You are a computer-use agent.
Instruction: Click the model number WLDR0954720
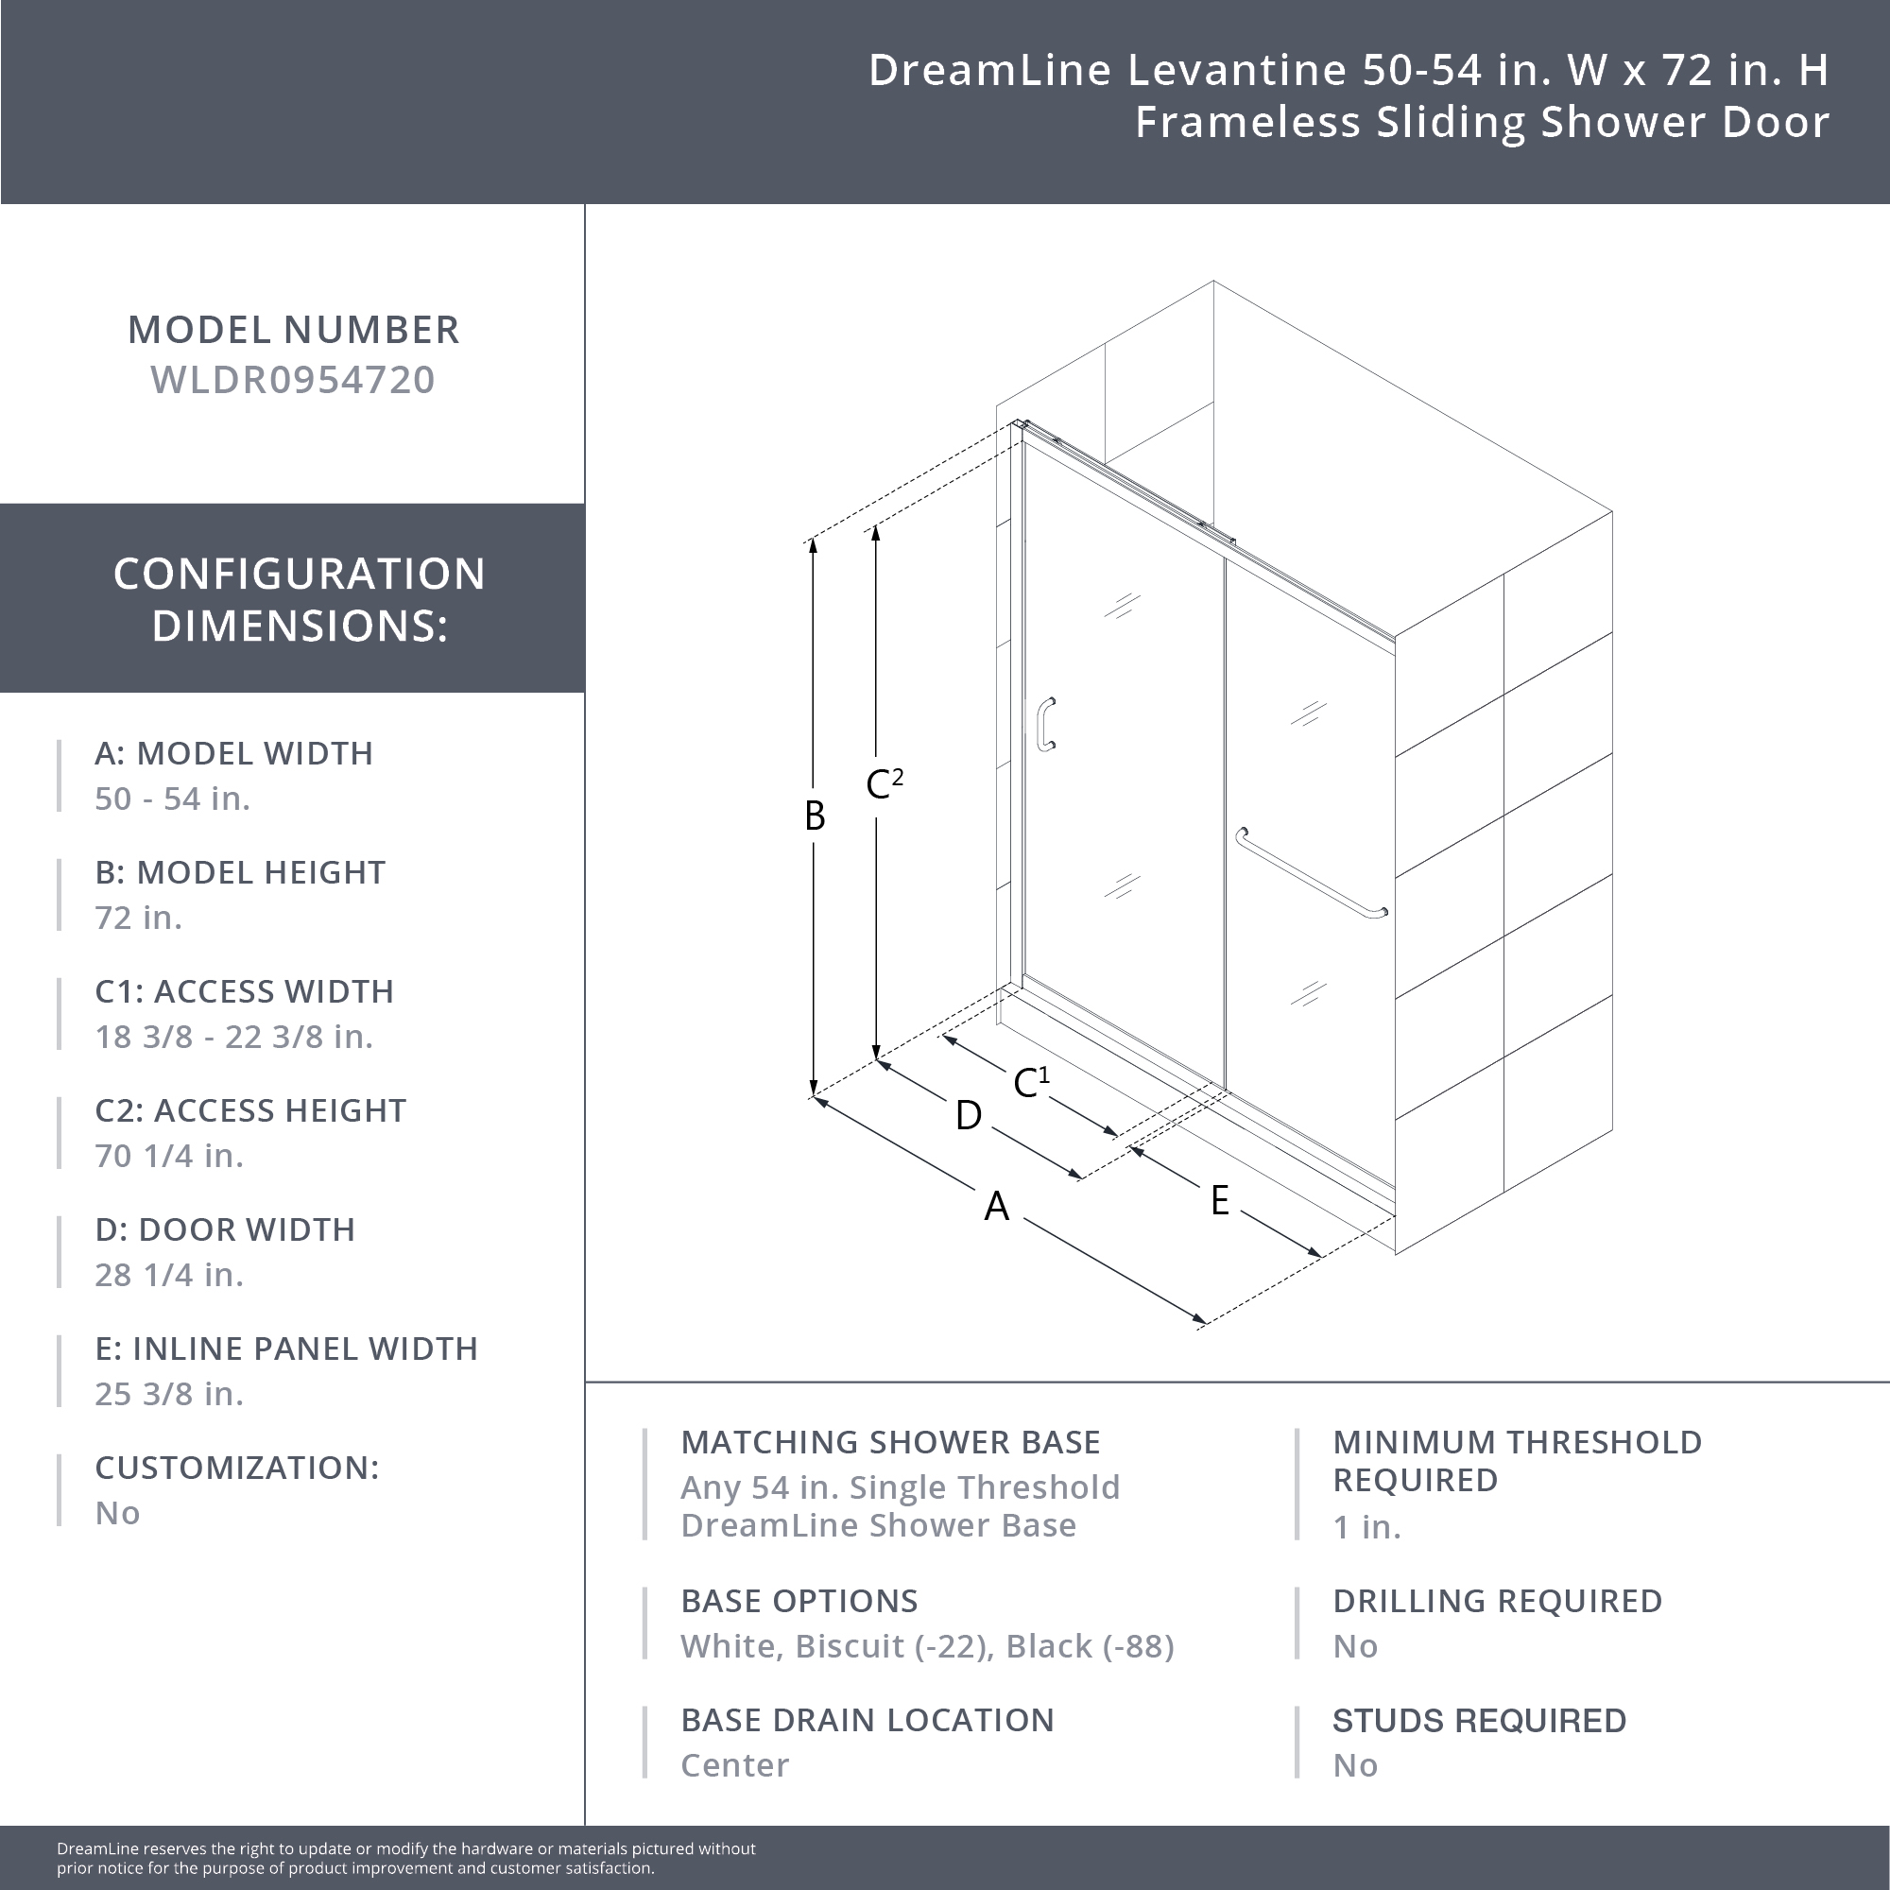293,380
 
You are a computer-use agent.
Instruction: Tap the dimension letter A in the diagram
996,1206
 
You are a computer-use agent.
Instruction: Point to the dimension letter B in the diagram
814,816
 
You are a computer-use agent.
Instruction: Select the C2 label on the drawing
884,783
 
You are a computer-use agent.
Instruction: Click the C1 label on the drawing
1030,1082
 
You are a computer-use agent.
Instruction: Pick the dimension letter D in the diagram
968,1115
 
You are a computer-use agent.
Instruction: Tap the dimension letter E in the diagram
1219,1200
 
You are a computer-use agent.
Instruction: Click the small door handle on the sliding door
1046,724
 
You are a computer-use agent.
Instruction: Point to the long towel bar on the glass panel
1310,872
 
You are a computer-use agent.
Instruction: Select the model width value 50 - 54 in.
172,799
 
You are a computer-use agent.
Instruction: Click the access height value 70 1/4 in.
168,1156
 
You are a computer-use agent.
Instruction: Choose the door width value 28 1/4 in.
168,1275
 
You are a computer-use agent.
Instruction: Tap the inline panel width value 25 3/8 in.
168,1394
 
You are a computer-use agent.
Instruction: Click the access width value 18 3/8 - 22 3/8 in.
233,1037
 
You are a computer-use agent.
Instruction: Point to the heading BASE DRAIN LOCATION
867,1720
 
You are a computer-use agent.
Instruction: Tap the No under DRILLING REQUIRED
1355,1646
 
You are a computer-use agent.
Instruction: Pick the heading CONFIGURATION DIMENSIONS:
299,599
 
